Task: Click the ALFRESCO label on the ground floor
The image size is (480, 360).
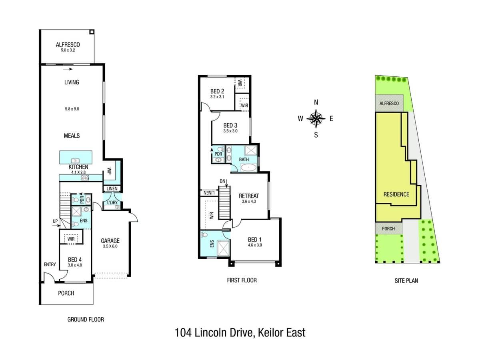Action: click(x=68, y=45)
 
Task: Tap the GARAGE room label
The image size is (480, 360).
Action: click(x=110, y=240)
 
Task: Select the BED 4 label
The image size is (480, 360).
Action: click(x=75, y=259)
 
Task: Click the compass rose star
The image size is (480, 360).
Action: click(x=316, y=118)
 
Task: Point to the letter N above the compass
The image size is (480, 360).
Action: click(x=316, y=102)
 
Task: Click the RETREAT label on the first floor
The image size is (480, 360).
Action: click(x=248, y=196)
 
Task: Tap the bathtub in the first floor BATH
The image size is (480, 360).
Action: click(x=244, y=168)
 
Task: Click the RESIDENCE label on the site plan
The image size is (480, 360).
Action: click(x=396, y=194)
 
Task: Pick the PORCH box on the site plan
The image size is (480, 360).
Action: click(x=388, y=229)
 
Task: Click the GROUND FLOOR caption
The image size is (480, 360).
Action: click(x=85, y=319)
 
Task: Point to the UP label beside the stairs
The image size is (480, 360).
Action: click(x=55, y=221)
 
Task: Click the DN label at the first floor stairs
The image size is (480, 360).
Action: click(x=222, y=181)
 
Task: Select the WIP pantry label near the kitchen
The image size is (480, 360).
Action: click(x=109, y=171)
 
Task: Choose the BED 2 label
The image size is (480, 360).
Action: click(x=217, y=91)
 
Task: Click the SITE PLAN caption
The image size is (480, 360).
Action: click(x=406, y=280)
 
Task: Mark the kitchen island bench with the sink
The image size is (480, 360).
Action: click(x=76, y=156)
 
